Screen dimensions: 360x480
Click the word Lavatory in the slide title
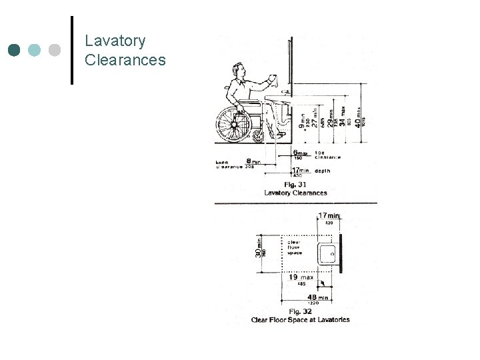tap(115, 41)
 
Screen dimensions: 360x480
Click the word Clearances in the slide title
tap(125, 60)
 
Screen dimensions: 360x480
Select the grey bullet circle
tap(55, 50)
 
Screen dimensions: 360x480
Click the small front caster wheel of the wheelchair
tap(259, 136)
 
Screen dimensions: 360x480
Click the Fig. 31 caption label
tap(295, 185)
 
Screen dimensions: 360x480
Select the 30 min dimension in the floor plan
tap(259, 250)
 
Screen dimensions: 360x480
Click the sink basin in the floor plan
tap(327, 253)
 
